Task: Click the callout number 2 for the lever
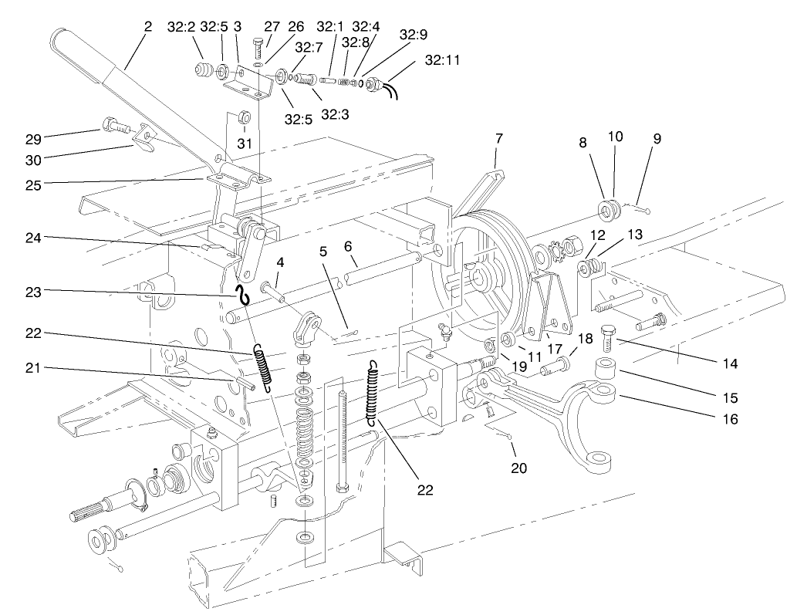coord(147,26)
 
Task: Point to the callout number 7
coord(498,139)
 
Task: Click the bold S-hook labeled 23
coord(242,293)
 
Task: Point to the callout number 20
coord(510,468)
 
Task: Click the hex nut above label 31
coord(243,118)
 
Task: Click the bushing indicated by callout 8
coord(610,209)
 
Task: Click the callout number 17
coord(555,347)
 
